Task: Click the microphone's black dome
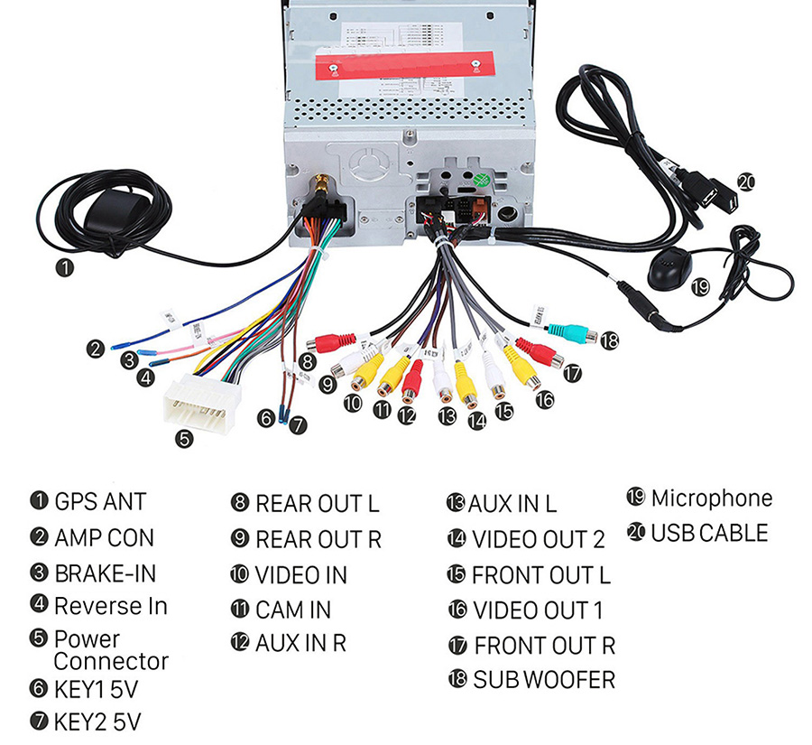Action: [668, 265]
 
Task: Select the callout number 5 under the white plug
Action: [184, 440]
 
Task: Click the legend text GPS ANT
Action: [100, 501]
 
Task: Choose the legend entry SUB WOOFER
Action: [543, 679]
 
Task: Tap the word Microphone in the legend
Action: [711, 498]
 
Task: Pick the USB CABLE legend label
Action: [709, 533]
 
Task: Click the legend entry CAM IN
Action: [293, 610]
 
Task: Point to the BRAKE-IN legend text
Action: [105, 573]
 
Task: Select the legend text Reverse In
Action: [110, 605]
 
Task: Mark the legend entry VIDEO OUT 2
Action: [538, 539]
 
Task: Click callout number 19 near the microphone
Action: [700, 287]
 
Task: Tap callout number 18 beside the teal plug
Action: [611, 340]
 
